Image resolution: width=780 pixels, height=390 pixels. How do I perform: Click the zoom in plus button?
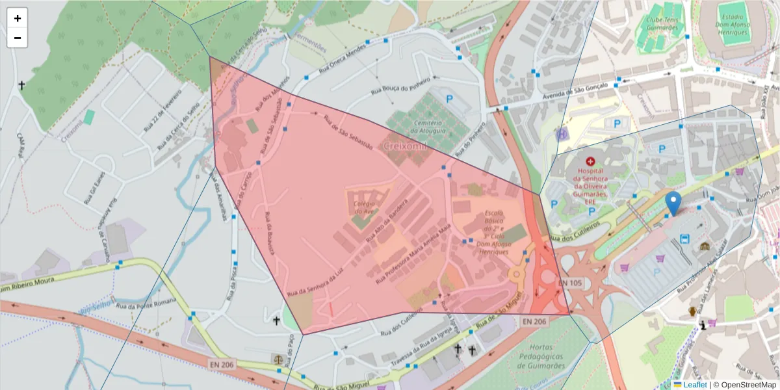[x=17, y=18]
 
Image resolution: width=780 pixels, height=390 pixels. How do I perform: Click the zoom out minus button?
[x=17, y=38]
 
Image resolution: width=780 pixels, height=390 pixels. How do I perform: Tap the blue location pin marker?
[x=674, y=203]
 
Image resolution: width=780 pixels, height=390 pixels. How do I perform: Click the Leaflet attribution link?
[x=694, y=385]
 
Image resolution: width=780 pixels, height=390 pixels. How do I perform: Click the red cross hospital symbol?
[x=590, y=161]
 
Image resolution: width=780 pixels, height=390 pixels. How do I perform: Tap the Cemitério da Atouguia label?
[x=426, y=127]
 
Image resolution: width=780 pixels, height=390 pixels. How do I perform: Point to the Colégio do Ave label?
[x=365, y=207]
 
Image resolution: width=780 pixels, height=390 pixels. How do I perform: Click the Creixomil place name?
[x=404, y=146]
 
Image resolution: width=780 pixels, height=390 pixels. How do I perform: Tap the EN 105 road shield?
[x=570, y=283]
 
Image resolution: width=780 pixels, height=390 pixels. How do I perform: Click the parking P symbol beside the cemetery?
[x=449, y=99]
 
